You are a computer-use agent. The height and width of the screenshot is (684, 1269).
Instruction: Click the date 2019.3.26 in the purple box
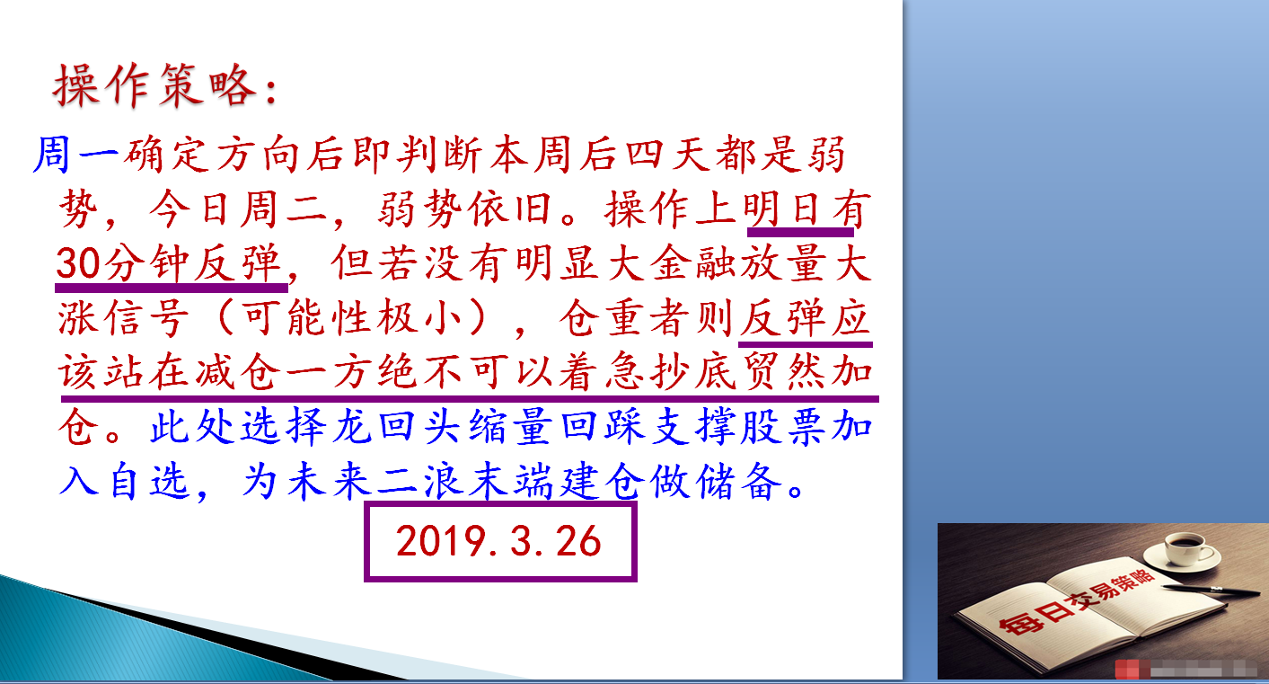pyautogui.click(x=498, y=541)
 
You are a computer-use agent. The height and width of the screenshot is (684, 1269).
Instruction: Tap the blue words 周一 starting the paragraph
pyautogui.click(x=76, y=155)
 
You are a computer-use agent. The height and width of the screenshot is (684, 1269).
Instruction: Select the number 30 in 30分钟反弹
pyautogui.click(x=78, y=263)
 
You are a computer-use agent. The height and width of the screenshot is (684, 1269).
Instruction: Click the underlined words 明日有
pyautogui.click(x=806, y=209)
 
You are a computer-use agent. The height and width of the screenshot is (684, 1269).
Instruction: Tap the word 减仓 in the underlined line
pyautogui.click(x=237, y=372)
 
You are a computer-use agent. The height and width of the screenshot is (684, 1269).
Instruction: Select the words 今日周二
pyautogui.click(x=238, y=209)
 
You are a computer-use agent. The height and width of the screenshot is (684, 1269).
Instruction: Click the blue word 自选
pyautogui.click(x=148, y=481)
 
